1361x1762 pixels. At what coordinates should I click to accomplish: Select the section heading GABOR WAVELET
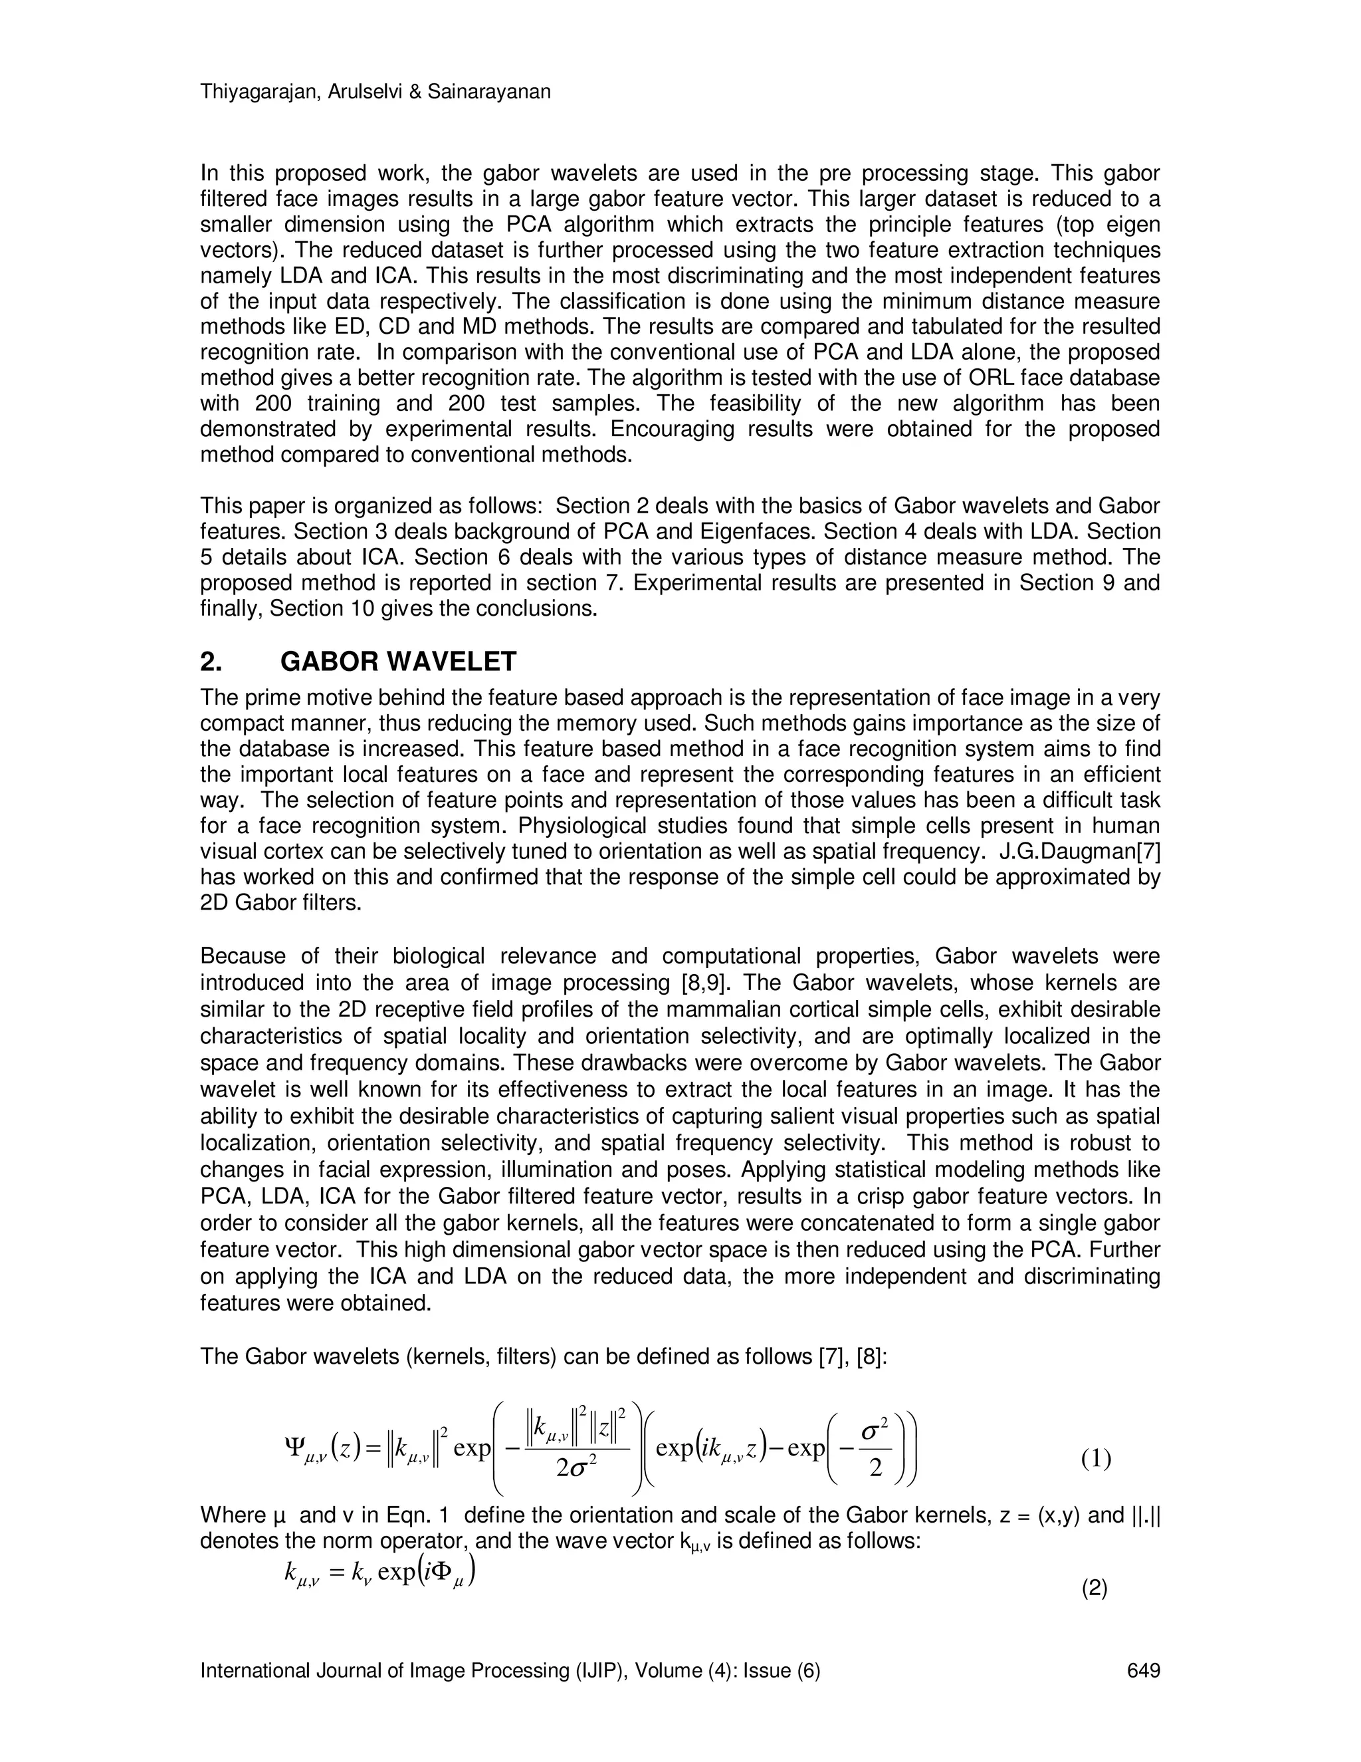tap(397, 662)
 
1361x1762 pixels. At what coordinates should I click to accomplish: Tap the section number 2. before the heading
tap(211, 662)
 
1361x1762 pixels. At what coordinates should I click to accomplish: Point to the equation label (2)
tap(1094, 1589)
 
